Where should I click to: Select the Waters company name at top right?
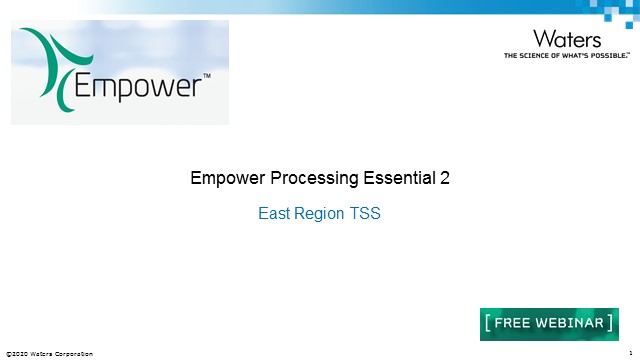point(567,39)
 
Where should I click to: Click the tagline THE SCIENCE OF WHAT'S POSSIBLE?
point(566,56)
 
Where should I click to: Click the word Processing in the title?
point(305,179)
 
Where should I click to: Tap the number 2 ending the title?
point(445,179)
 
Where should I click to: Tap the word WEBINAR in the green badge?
point(571,323)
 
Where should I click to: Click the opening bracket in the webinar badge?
point(487,323)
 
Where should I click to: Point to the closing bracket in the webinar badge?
point(611,323)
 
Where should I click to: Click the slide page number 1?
point(631,353)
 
